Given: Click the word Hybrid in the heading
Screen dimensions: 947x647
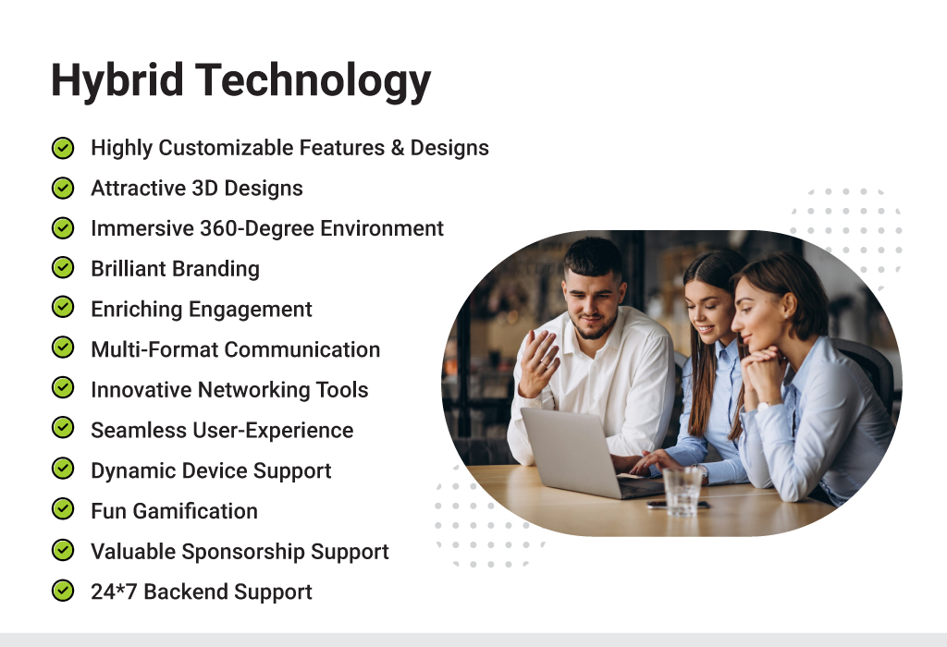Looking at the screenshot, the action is click(x=117, y=80).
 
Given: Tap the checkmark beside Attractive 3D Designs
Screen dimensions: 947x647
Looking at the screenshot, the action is click(x=63, y=188).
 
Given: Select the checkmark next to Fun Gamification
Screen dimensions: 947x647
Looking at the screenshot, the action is click(x=63, y=510).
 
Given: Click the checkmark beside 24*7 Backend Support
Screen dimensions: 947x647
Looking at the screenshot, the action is click(x=63, y=591).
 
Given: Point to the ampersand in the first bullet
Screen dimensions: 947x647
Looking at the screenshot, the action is click(x=398, y=148).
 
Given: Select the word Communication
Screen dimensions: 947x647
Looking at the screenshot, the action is click(x=302, y=350).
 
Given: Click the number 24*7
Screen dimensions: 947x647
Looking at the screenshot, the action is click(x=114, y=592).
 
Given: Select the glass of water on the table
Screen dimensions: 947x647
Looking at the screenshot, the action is click(x=683, y=491).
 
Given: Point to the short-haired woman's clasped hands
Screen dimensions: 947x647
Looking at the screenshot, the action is click(x=762, y=372).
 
